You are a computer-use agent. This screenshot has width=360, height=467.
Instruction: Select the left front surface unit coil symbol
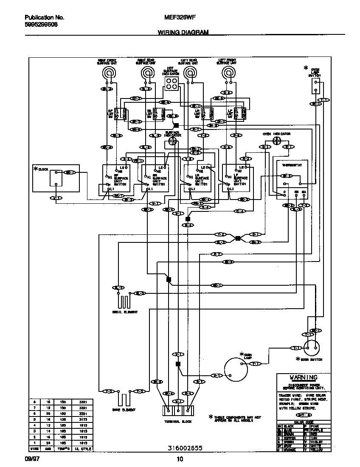click(229, 73)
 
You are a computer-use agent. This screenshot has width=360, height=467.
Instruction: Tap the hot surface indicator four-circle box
click(172, 84)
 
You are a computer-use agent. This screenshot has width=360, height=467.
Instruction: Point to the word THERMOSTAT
click(289, 166)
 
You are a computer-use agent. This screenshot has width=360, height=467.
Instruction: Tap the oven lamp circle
click(235, 369)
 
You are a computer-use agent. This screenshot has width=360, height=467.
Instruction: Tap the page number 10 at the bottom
click(180, 459)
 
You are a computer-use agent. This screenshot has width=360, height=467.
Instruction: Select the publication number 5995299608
click(41, 25)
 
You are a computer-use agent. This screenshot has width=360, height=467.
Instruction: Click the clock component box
click(56, 178)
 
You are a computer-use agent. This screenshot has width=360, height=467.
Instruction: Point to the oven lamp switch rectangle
click(315, 87)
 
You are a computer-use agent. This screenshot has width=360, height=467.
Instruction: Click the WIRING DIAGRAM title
click(183, 32)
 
